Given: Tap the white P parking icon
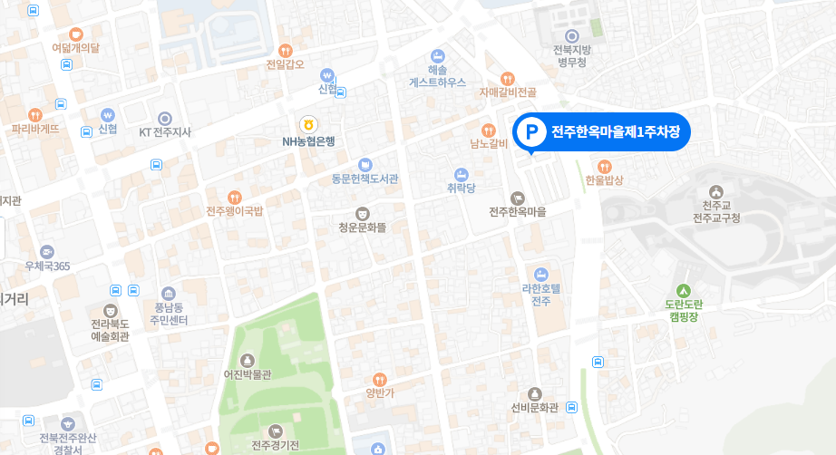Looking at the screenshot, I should [530, 132].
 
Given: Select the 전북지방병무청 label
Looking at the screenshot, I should [573, 56].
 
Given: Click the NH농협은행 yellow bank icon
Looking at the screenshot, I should [309, 123].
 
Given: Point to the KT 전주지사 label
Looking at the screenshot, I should [165, 132].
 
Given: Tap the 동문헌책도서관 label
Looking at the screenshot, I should [365, 179].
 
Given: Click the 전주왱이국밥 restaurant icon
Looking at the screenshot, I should [235, 197].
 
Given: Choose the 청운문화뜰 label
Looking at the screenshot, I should [362, 227].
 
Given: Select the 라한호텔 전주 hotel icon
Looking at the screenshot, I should [541, 274].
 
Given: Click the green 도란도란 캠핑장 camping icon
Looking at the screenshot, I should [684, 290].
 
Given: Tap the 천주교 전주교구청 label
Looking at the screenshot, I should [716, 212].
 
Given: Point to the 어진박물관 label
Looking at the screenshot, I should [248, 374].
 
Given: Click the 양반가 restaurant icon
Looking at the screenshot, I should [381, 379].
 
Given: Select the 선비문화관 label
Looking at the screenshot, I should [535, 406].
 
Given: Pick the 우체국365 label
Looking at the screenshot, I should [47, 266].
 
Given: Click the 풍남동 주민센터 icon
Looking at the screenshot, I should [169, 294].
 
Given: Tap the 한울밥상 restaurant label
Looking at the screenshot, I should [605, 180].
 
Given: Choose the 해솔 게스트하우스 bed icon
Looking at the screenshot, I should [437, 55].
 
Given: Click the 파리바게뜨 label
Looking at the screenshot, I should [35, 129].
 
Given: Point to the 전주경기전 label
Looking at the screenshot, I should [275, 445].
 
